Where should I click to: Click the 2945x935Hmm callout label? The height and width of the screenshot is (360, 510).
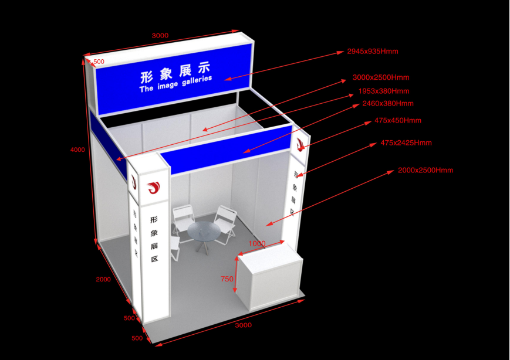[x=372, y=52]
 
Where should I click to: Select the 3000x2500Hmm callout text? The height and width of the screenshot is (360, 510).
[x=380, y=77]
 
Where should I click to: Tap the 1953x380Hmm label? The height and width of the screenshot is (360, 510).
[x=383, y=91]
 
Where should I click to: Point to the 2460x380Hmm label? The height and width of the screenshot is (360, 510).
[x=387, y=104]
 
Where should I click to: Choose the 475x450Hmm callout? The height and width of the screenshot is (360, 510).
[x=397, y=121]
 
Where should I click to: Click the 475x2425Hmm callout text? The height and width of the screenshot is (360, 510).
[x=406, y=143]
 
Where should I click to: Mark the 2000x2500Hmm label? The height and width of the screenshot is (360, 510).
[x=425, y=171]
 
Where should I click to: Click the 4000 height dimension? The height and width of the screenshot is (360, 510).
[x=77, y=150]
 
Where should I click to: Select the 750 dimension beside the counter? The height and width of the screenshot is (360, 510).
[x=227, y=280]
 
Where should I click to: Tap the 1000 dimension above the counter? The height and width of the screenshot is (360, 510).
[x=256, y=243]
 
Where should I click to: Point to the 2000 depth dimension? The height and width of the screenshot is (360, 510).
[x=103, y=280]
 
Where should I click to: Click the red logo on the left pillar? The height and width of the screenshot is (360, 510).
[x=154, y=188]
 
